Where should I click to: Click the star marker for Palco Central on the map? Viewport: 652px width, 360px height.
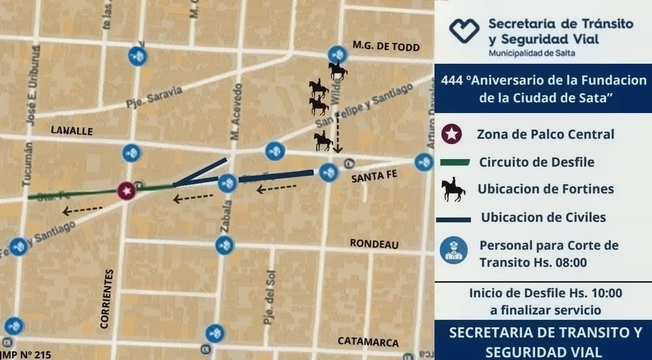126,191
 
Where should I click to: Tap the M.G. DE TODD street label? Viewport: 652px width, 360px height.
386,46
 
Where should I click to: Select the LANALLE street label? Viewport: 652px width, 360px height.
71,130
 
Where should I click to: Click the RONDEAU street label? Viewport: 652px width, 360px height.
374,244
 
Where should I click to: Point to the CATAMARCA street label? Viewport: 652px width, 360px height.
368,342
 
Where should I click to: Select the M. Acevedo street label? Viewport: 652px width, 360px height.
236,112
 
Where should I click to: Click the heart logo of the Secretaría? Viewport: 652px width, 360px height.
464,31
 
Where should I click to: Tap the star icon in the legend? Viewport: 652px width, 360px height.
452,134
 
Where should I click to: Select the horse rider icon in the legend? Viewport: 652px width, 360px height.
453,190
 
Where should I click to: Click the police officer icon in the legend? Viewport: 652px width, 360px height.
453,250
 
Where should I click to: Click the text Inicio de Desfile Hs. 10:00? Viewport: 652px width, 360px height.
545,293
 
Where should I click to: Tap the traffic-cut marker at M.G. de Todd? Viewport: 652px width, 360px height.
338,55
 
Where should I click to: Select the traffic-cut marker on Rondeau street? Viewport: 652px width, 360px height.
224,245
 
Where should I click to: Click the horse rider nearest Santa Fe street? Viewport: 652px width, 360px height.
324,141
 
